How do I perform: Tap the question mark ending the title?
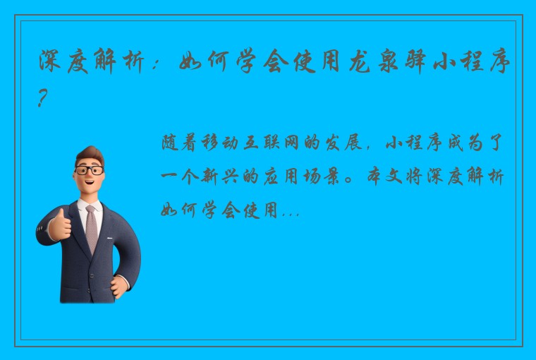click(44, 101)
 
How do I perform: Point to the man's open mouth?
click(93, 185)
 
